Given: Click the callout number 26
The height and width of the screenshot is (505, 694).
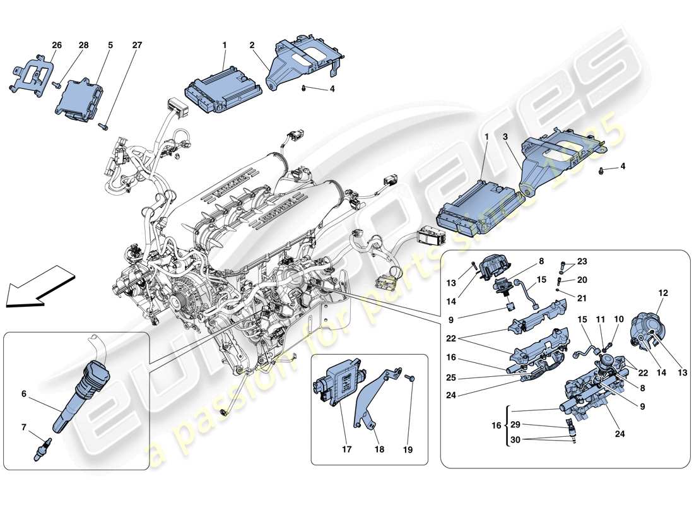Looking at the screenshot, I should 57,45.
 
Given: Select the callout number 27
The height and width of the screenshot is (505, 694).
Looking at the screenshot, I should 137,45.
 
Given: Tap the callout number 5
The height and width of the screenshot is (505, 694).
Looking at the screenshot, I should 110,45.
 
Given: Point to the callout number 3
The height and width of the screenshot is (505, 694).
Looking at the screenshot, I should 505,136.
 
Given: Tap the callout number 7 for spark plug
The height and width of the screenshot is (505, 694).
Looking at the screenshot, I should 24,427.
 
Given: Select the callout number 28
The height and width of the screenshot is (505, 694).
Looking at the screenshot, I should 83,45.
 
